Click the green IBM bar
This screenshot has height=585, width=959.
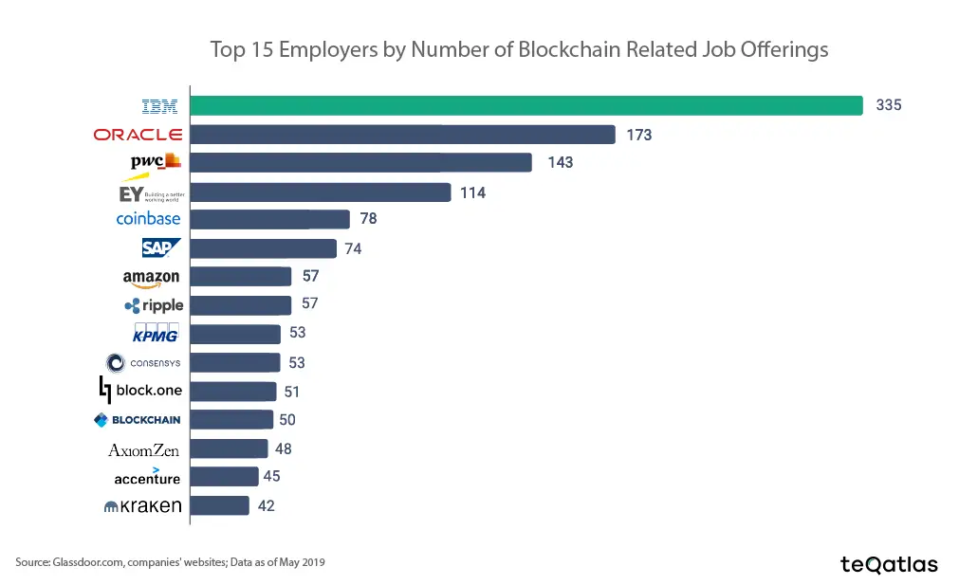(526, 105)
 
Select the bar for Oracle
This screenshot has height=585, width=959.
(403, 135)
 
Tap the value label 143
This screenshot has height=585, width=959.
(560, 163)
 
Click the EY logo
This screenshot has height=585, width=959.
(143, 193)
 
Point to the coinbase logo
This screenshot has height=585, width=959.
(148, 219)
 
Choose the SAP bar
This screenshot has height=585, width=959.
(264, 248)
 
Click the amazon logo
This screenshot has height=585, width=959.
(151, 278)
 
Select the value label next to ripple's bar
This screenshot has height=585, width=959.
(309, 303)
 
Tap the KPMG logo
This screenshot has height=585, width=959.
(156, 334)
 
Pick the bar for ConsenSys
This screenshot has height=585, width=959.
(235, 362)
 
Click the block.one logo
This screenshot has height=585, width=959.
(141, 390)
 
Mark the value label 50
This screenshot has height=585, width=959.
(287, 419)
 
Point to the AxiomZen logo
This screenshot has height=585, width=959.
(144, 450)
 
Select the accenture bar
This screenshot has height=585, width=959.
(224, 476)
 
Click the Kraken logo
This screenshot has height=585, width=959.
(143, 506)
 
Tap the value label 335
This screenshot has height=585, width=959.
(888, 105)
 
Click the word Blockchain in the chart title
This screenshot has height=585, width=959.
(567, 49)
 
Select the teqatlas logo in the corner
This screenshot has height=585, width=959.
(888, 564)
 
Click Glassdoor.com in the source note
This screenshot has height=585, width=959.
(85, 562)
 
